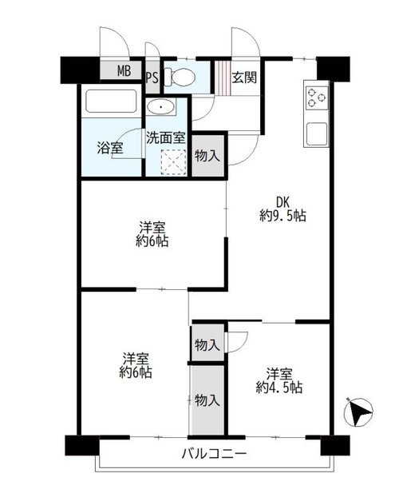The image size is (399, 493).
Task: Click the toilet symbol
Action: click(x=180, y=77)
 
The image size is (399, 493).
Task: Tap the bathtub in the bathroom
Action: click(x=111, y=101)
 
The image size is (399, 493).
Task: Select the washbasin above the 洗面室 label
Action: click(x=161, y=107)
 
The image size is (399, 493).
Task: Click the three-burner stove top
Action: click(x=317, y=97)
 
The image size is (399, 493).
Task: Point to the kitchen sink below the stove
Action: click(x=317, y=133)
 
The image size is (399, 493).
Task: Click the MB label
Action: click(x=124, y=71)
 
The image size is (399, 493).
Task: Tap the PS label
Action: click(x=152, y=78)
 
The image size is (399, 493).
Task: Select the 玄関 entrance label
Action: click(x=244, y=78)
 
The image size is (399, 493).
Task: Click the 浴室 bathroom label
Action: click(x=110, y=148)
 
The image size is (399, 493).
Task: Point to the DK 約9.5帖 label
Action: click(x=282, y=209)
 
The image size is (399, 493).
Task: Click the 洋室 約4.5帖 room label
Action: click(x=279, y=380)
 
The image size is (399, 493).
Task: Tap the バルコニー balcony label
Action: click(x=215, y=454)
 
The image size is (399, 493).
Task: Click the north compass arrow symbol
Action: click(x=358, y=412)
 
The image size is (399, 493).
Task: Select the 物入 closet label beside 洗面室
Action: click(x=207, y=156)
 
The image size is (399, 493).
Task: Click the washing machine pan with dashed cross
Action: click(x=172, y=161)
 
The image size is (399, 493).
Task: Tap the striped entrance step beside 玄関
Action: click(x=223, y=78)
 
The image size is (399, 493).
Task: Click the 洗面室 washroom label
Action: click(x=166, y=137)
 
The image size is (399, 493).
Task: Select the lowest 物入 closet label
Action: click(x=207, y=400)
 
